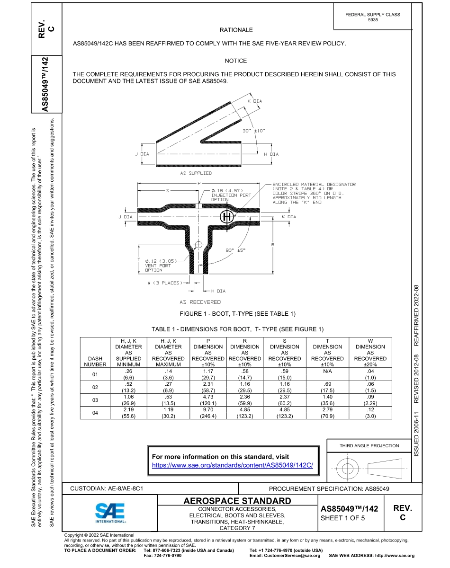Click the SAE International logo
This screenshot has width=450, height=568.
pyautogui.click(x=110, y=513)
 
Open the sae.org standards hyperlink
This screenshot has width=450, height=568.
pyautogui.click(x=232, y=465)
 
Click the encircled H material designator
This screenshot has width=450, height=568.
pyautogui.click(x=227, y=217)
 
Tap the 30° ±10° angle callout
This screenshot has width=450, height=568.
pyautogui.click(x=254, y=130)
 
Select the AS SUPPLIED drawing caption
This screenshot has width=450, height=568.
pyautogui.click(x=196, y=173)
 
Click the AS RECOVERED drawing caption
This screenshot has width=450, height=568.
pyautogui.click(x=200, y=302)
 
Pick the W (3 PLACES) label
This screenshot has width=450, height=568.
pyautogui.click(x=164, y=283)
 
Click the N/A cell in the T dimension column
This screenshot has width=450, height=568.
pyautogui.click(x=327, y=372)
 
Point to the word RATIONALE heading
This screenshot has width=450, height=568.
pyautogui.click(x=236, y=30)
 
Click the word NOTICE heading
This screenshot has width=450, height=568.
pyautogui.click(x=236, y=61)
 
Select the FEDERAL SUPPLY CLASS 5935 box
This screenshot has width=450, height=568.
pyautogui.click(x=372, y=17)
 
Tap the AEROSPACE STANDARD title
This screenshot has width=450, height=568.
pyautogui.click(x=237, y=501)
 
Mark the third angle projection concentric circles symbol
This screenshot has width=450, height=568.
pyautogui.click(x=348, y=469)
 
